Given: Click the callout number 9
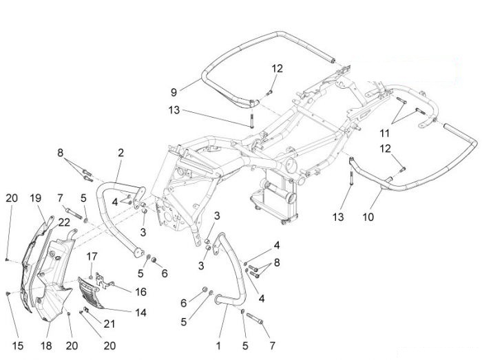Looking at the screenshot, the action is coord(174,92).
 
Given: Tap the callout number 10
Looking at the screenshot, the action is coord(368,217).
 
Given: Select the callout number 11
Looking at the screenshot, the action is coord(384,134).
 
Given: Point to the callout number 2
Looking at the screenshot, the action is coord(120,153).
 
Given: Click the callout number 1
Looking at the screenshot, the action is coord(218,346).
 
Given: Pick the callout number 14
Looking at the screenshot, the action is coord(140,313).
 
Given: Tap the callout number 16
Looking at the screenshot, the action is coord(140,292).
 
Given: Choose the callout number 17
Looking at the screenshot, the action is coord(92,256).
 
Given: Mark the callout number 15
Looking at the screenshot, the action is coord(17,346).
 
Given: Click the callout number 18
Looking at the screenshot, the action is coord(46,346).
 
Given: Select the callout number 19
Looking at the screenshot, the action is coord(36,198).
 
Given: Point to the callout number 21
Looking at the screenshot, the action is coord(109,324).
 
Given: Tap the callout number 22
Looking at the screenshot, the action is coord(64,222).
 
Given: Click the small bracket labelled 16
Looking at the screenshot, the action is coord(104,281).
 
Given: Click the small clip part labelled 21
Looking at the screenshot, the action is coord(86,310).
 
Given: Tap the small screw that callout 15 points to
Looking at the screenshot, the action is coord(8,294).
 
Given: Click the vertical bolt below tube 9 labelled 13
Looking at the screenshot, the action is coord(251,121).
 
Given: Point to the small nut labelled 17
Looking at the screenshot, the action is coord(91,277).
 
